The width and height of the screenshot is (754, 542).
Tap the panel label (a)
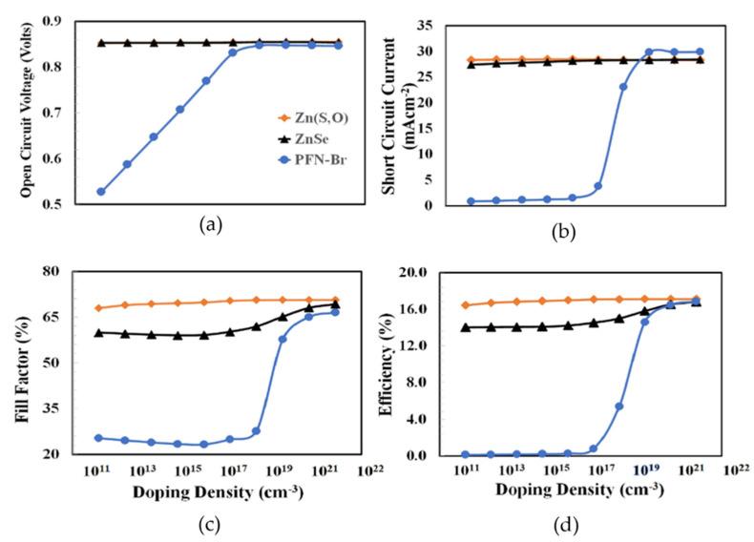tap(209, 226)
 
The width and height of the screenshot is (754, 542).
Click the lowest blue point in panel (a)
tap(100, 191)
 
